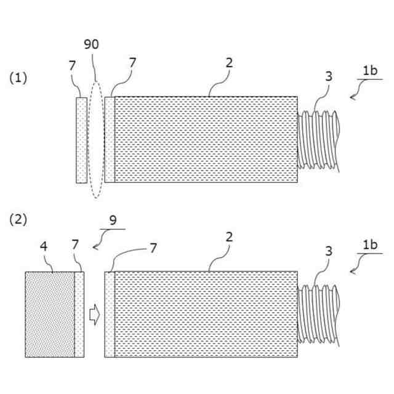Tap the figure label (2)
coord(18,219)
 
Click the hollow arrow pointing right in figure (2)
coord(94,315)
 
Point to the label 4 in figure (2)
coord(43,246)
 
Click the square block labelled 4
coord(49,315)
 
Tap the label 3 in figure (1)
coord(329,76)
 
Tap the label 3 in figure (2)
coord(329,251)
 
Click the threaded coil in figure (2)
coord(319,315)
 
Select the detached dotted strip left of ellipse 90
coord(81,139)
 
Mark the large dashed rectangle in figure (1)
coord(206,139)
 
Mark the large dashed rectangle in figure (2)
coord(206,315)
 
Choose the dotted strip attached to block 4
coord(79,315)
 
